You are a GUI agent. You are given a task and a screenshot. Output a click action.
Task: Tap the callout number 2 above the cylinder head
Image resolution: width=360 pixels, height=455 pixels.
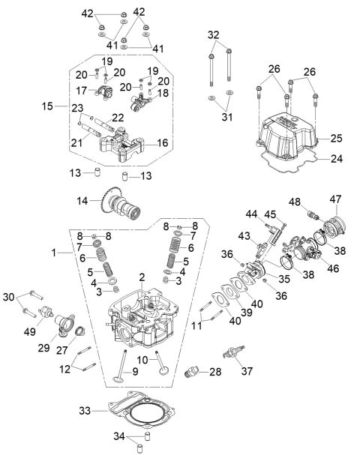[x=141, y=278]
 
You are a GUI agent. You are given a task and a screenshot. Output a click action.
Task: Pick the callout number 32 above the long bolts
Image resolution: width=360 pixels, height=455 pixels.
[x=214, y=34]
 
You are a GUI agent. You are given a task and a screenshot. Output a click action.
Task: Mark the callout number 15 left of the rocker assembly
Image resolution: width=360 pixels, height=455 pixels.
[x=49, y=107]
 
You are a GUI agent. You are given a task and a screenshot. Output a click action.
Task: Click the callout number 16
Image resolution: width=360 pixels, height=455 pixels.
[x=162, y=142]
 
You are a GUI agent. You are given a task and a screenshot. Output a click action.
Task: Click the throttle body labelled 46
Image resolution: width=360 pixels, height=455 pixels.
[x=301, y=252]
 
